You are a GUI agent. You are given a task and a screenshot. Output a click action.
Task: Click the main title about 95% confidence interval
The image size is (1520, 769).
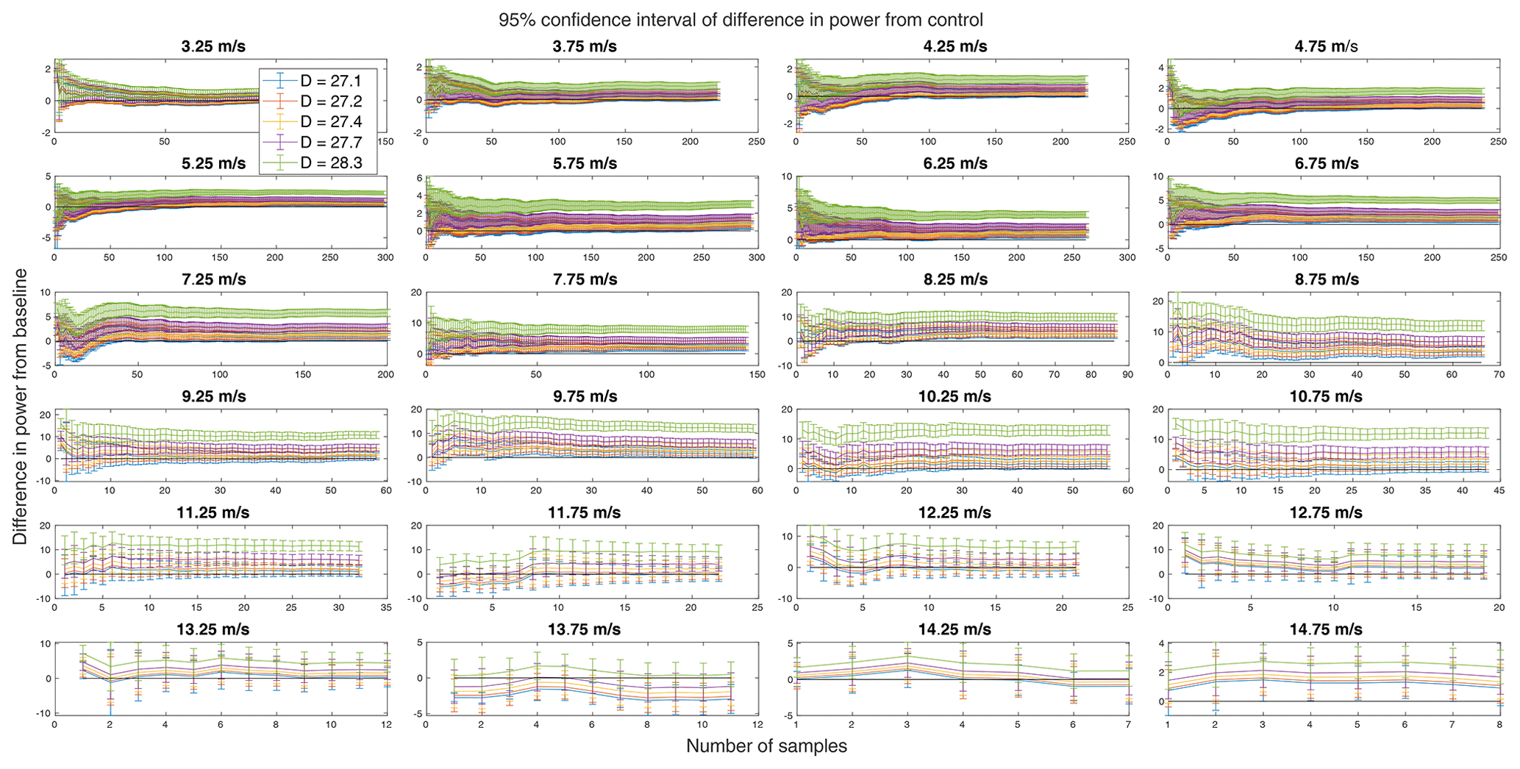[741, 20]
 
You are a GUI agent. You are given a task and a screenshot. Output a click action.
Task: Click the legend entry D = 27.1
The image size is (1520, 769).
[331, 81]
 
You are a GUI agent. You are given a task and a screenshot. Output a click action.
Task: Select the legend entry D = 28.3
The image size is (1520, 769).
[331, 162]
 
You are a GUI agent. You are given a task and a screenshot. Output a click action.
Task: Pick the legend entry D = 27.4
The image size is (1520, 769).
[331, 121]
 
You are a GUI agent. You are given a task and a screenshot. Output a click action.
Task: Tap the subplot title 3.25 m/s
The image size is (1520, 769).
[213, 46]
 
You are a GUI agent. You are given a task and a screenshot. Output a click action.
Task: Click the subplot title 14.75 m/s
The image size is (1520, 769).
[1326, 629]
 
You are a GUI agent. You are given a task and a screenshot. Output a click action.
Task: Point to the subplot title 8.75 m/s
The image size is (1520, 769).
[1326, 279]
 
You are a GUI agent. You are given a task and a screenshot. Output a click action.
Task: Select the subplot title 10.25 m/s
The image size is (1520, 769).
[955, 396]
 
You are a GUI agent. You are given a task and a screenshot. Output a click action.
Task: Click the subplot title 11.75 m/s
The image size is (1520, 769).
[584, 512]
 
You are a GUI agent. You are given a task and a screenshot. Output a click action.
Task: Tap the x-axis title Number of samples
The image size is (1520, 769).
[766, 746]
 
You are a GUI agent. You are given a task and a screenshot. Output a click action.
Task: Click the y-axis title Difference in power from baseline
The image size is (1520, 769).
[21, 407]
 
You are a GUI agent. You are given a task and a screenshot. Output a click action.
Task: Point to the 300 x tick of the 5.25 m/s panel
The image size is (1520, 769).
[385, 258]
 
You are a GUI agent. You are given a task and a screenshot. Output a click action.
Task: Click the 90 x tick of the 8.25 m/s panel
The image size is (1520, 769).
[1127, 375]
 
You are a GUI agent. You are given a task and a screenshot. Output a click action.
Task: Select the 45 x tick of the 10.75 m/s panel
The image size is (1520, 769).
[1499, 491]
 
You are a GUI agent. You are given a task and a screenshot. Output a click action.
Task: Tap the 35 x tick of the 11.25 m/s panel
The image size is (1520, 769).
[385, 608]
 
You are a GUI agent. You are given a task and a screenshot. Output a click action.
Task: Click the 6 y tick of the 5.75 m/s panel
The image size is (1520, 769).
[419, 178]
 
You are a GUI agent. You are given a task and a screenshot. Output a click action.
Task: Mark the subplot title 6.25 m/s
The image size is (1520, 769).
[955, 163]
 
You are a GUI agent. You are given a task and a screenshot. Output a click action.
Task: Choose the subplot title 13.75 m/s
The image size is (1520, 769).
[584, 629]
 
